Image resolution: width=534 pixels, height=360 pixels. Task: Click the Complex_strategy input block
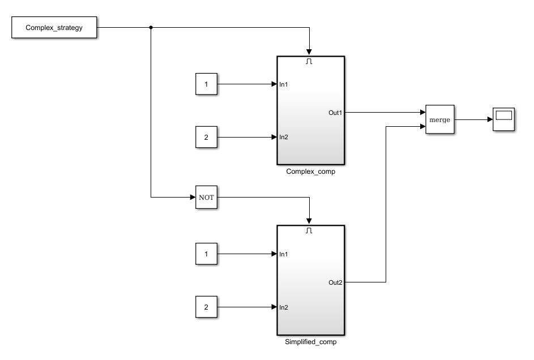(54, 27)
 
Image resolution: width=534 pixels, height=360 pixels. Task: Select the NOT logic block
(206, 198)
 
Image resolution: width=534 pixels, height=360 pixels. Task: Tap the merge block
(439, 119)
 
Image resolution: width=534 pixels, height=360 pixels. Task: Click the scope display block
(503, 119)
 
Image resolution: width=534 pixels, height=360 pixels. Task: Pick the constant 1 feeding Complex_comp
(206, 84)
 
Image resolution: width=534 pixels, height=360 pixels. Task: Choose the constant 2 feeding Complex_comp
(206, 137)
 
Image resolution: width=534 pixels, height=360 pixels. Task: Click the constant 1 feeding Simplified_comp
(206, 254)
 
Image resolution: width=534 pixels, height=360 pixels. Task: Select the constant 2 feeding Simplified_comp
(206, 307)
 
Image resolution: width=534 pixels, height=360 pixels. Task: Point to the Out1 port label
(335, 113)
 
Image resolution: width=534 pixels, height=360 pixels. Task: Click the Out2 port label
(335, 282)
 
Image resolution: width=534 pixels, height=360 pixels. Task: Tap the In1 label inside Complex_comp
(284, 84)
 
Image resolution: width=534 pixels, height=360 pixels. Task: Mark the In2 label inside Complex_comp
(284, 137)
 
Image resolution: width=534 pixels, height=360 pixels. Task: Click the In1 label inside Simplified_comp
(284, 254)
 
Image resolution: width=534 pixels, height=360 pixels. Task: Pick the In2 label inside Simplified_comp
(284, 307)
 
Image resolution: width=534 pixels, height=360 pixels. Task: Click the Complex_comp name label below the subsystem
(310, 172)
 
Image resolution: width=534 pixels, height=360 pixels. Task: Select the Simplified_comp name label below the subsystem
(310, 342)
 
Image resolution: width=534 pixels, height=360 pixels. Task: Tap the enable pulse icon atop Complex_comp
(309, 61)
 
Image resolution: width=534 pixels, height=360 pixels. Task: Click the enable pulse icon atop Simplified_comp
(309, 231)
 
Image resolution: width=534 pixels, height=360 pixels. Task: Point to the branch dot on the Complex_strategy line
(151, 27)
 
